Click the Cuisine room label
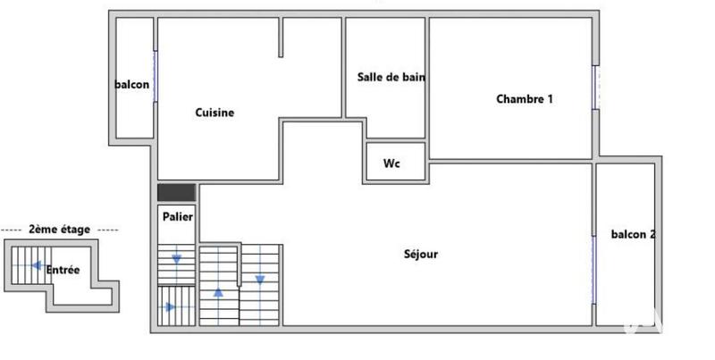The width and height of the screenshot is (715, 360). click(x=214, y=113)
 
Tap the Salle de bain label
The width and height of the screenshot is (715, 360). click(x=391, y=77)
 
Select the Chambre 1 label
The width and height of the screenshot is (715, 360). click(x=525, y=99)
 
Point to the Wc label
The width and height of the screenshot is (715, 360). click(x=391, y=163)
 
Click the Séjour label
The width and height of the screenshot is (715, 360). click(x=420, y=255)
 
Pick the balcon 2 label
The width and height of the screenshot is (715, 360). click(x=633, y=235)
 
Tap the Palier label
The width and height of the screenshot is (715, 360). click(x=177, y=216)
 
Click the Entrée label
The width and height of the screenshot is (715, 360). click(x=63, y=271)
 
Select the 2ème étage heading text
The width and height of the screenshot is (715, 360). click(x=59, y=230)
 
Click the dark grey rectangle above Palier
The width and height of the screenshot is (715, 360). click(x=176, y=192)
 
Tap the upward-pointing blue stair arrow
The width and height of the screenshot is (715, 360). click(x=218, y=292)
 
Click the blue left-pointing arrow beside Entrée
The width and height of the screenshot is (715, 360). click(x=37, y=265)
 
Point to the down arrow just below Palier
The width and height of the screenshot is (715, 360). click(x=177, y=259)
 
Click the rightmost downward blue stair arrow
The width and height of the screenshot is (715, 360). click(x=260, y=280)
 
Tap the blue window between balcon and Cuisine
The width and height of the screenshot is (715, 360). click(x=156, y=75)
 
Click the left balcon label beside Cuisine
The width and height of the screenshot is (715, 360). click(x=131, y=86)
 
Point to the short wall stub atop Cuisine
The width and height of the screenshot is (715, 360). click(x=281, y=38)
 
